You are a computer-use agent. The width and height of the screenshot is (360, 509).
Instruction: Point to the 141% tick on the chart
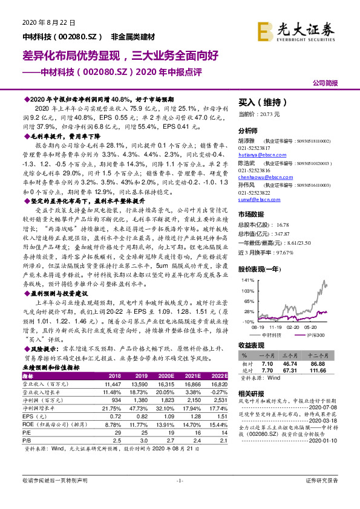247,281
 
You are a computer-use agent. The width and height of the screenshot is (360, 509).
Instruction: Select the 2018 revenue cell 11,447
113,383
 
